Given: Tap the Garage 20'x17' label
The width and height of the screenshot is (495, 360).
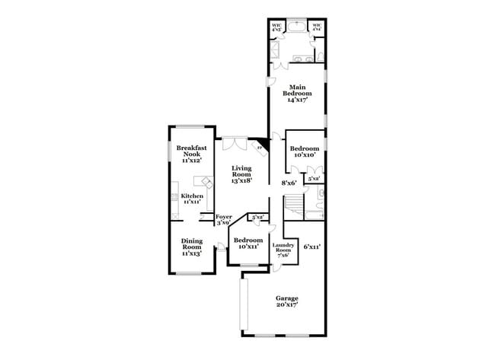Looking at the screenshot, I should tap(286, 301).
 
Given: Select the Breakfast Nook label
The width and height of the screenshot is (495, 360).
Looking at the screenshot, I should tap(192, 154).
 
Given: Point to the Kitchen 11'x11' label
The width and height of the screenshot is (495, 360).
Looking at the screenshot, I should tap(192, 200).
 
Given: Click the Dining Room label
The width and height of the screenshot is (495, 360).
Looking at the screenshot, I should tap(192, 247).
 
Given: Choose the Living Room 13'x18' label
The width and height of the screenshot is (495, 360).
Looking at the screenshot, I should tap(243, 174).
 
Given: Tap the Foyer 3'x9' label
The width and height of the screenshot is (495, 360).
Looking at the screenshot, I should tap(224, 220).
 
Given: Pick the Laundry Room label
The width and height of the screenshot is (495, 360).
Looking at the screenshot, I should tap(283, 250).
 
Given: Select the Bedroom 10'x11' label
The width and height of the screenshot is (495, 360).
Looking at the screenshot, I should tap(248, 244).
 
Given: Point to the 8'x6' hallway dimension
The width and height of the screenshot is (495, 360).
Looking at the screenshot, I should tap(289, 183).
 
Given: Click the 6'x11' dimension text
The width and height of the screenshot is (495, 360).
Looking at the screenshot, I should tap(311, 247).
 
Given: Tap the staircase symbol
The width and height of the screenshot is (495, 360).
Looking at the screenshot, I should tap(294, 202).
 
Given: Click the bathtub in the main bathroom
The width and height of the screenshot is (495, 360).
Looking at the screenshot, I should tap(297, 28).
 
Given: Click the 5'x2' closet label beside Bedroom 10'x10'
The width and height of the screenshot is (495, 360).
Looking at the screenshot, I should tap(313, 178).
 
